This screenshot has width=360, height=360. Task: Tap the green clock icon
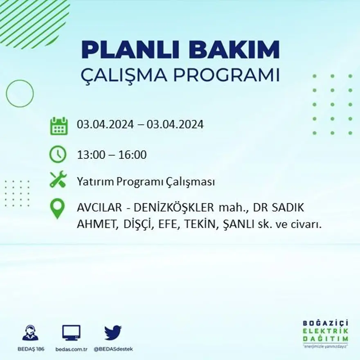58,154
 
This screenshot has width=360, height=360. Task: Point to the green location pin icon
58,209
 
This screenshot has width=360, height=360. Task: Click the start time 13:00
90,155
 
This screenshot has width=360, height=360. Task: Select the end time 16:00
133,155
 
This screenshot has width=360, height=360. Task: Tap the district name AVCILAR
99,208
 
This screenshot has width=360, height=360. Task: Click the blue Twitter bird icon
113,333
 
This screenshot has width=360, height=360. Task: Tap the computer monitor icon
71,333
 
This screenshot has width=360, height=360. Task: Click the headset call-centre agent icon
30,333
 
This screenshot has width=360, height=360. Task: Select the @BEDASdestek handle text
113,349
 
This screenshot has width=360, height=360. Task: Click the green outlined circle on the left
20,94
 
